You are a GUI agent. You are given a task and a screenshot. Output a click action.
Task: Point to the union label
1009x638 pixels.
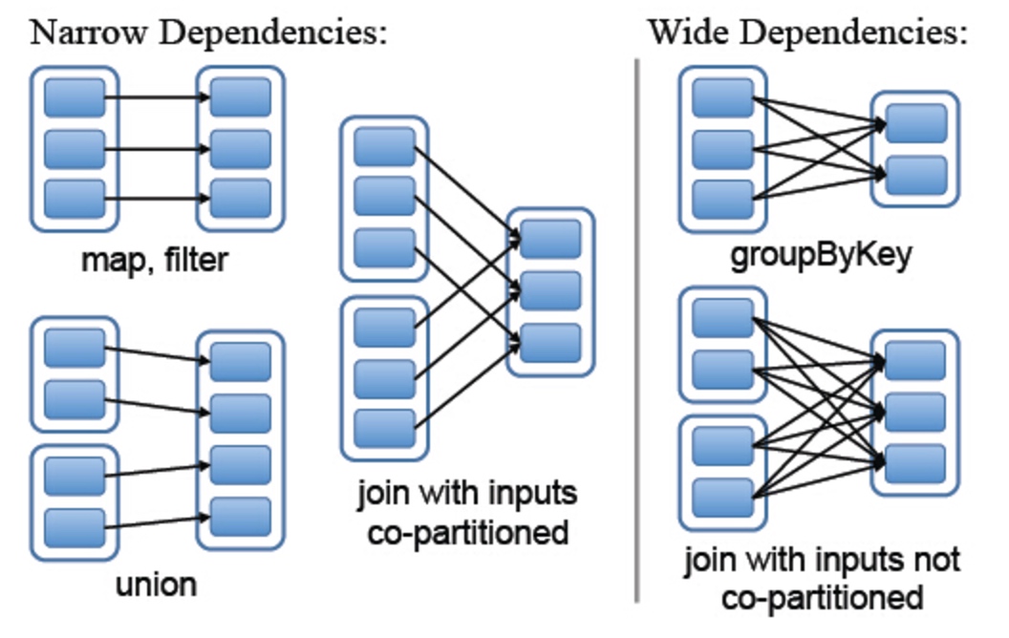pyautogui.click(x=157, y=585)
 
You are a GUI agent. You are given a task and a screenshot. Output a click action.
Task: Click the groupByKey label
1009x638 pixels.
pyautogui.click(x=821, y=255)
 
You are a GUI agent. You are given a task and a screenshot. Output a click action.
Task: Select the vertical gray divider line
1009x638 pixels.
pyautogui.click(x=637, y=331)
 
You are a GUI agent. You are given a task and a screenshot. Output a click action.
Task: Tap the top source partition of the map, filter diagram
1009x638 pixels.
pyautogui.click(x=75, y=97)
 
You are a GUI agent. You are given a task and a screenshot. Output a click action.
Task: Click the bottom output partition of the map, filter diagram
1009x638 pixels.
pyautogui.click(x=241, y=199)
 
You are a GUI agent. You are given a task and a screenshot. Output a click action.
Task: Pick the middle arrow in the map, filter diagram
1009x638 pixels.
pyautogui.click(x=158, y=149)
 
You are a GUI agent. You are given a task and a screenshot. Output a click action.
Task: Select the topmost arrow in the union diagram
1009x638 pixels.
pyautogui.click(x=158, y=354)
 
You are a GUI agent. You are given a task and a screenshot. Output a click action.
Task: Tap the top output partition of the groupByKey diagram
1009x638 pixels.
pyautogui.click(x=916, y=123)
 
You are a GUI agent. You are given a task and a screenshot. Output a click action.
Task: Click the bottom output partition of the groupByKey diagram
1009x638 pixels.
pyautogui.click(x=916, y=175)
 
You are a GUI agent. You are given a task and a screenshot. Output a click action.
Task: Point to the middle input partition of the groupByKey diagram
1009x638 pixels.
pyautogui.click(x=723, y=149)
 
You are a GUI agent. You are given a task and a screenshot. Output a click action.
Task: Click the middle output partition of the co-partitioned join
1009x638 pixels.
pyautogui.click(x=550, y=290)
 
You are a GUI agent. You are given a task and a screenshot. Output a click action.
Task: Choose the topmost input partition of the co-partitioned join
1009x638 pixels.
pyautogui.click(x=385, y=147)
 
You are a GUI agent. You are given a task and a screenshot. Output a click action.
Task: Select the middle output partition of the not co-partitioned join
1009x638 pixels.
pyautogui.click(x=915, y=413)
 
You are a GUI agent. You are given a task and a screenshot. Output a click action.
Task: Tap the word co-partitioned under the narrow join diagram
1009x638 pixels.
pyautogui.click(x=468, y=533)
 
